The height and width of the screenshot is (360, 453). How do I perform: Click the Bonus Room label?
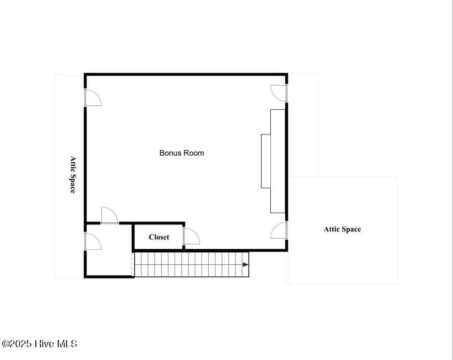point(182,153)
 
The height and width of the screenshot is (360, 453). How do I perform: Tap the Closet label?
point(159,237)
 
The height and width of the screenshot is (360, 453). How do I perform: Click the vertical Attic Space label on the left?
point(73,174)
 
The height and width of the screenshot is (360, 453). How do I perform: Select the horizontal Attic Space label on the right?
point(342,229)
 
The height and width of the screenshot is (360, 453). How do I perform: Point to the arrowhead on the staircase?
point(245,264)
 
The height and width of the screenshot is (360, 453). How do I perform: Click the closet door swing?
point(192,236)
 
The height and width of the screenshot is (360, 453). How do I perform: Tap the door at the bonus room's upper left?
point(92,97)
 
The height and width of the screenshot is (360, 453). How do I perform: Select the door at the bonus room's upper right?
point(279,93)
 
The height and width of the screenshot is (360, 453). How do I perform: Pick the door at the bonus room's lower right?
point(279,230)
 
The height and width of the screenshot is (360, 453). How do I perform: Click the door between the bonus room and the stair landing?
point(110,215)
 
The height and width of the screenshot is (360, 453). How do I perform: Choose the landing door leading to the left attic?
point(92,241)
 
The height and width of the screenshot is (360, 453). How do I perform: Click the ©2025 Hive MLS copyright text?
point(39,344)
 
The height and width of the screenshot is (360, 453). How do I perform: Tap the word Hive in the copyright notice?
point(44,344)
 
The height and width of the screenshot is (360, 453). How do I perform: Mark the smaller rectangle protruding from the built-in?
point(266,161)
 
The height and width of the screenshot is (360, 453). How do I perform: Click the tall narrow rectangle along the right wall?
point(278,161)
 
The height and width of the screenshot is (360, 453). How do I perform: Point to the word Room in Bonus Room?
point(194,153)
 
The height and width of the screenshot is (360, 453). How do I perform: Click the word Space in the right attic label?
point(351,229)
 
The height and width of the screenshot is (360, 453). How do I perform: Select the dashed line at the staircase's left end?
point(132,264)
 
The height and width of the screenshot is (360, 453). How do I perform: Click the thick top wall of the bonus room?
point(186,74)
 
